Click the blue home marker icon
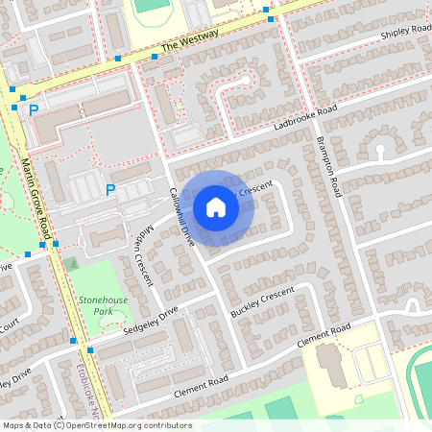(216, 207)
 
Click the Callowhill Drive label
(181, 216)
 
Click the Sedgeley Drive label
(155, 324)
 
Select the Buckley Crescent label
(261, 303)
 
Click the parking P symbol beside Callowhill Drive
(109, 190)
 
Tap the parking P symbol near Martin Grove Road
(34, 110)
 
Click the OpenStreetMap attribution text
(96, 424)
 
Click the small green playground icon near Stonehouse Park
(71, 263)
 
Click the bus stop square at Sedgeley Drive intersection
(89, 350)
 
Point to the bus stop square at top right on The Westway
(270, 19)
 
